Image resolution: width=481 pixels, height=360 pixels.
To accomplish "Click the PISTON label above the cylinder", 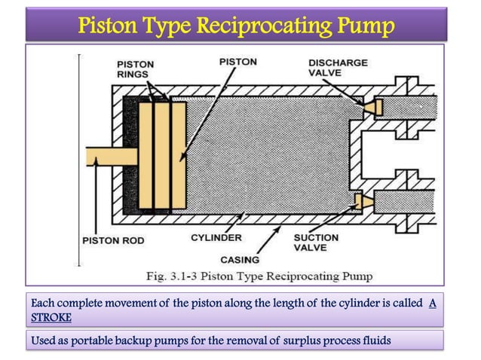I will click(237, 61).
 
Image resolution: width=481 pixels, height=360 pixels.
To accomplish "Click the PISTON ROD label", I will click(112, 240).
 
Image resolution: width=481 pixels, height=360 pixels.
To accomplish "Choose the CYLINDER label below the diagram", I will click(216, 237).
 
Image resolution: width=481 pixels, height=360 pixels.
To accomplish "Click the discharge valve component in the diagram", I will click(371, 110).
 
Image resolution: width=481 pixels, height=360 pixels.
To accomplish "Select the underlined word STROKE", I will click(51, 317).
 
